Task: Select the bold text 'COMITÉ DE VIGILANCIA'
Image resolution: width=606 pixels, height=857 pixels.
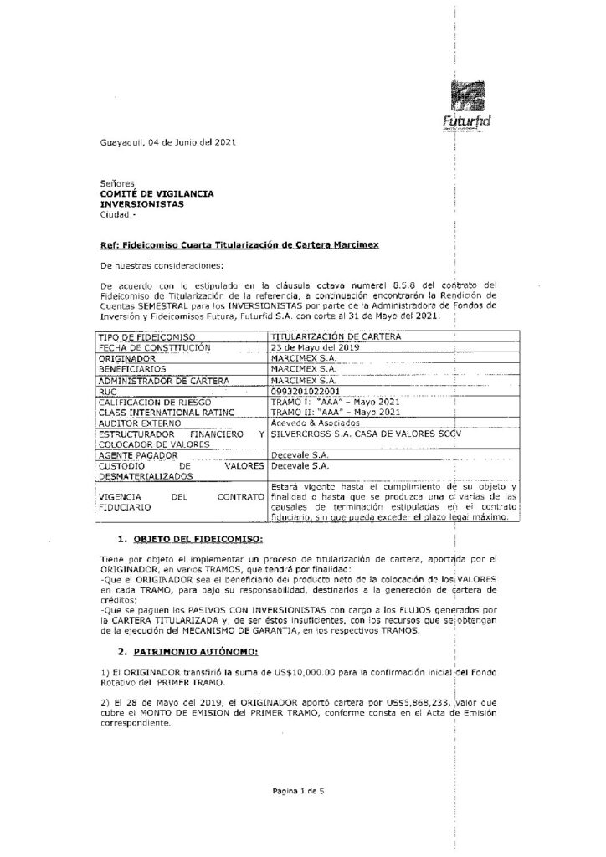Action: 156,193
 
